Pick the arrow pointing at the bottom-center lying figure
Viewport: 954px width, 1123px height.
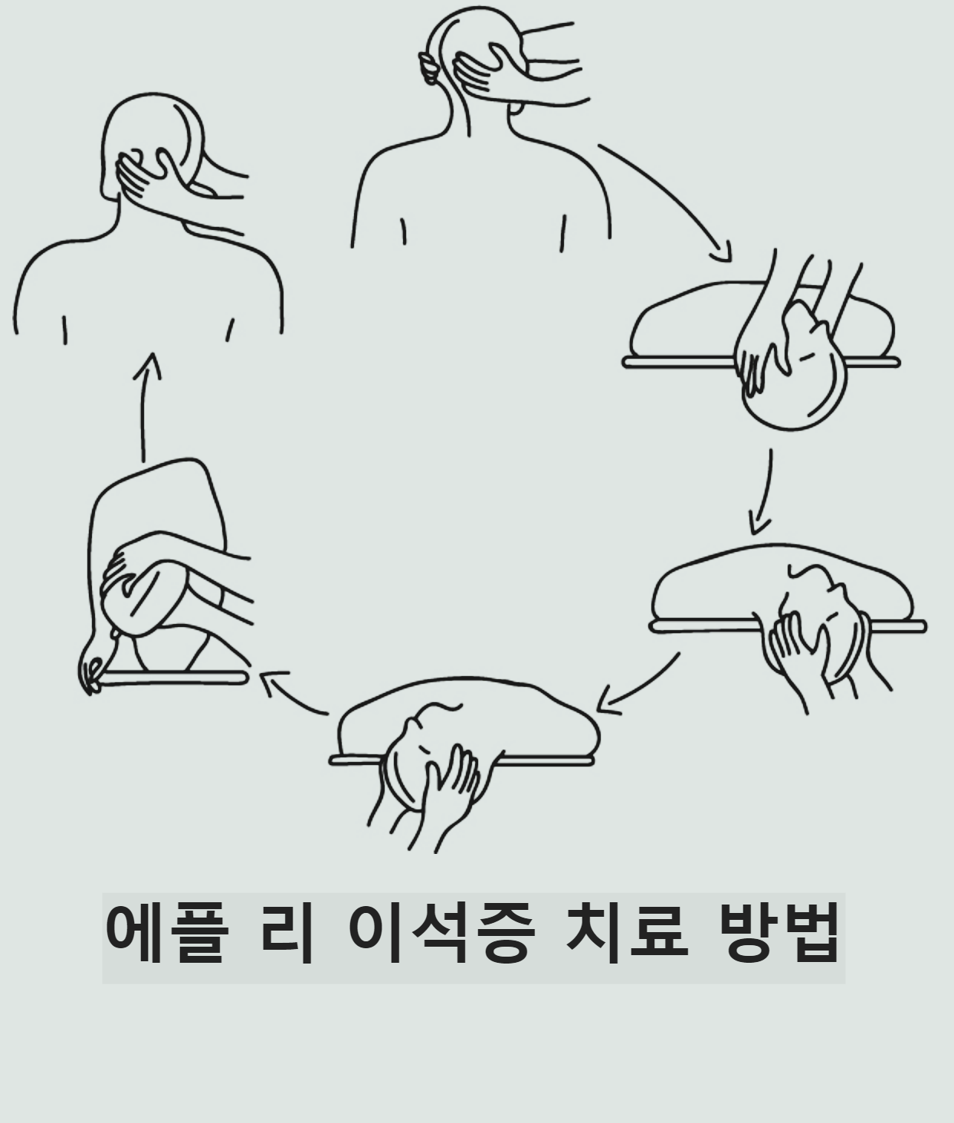(x=638, y=685)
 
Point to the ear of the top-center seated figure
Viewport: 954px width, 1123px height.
(x=428, y=68)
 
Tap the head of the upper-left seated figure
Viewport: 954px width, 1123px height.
(x=152, y=144)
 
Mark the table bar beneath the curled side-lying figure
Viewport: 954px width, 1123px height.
(x=174, y=678)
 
